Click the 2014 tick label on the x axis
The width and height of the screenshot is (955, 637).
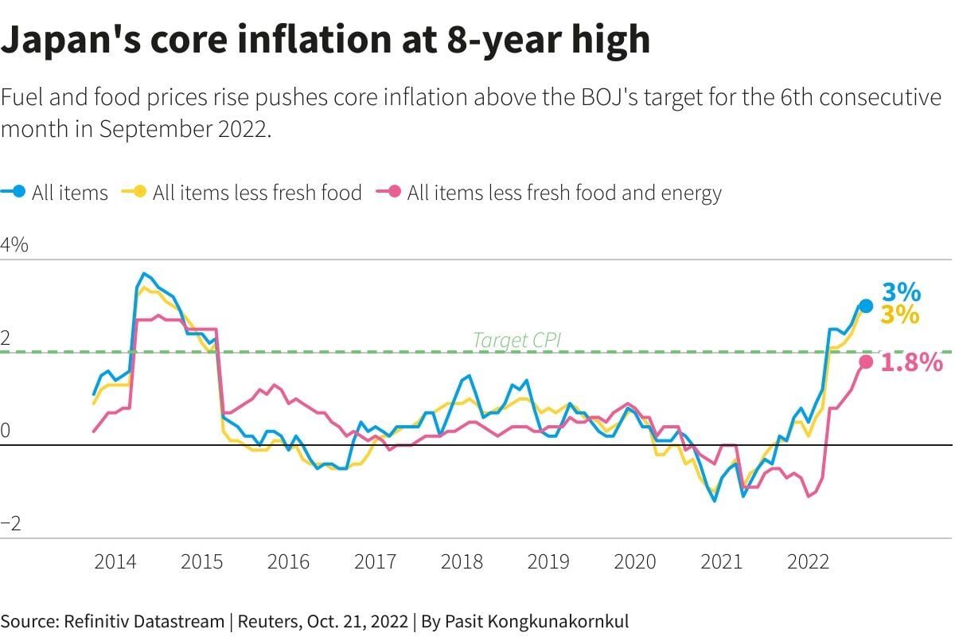[x=115, y=561]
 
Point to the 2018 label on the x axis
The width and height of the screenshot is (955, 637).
[x=462, y=561]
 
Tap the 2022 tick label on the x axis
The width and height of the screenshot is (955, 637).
[x=809, y=561]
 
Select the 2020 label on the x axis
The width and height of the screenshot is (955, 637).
[x=635, y=561]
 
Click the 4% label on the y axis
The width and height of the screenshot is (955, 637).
[x=14, y=245]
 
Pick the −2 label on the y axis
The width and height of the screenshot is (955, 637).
[x=10, y=523]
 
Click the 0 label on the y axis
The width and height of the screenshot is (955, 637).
[x=6, y=431]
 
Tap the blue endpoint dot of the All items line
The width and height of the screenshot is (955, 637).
[x=866, y=306]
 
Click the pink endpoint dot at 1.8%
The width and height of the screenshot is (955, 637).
[x=866, y=362]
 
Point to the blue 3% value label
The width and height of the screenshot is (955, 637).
[x=901, y=292]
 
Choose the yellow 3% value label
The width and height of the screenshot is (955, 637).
[x=900, y=315]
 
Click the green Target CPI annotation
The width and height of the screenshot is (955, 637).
[x=516, y=341]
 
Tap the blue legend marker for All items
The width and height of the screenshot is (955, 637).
[x=19, y=192]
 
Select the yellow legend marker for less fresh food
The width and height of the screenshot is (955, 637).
[x=139, y=192]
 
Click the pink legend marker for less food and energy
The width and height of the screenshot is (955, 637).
[x=394, y=192]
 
